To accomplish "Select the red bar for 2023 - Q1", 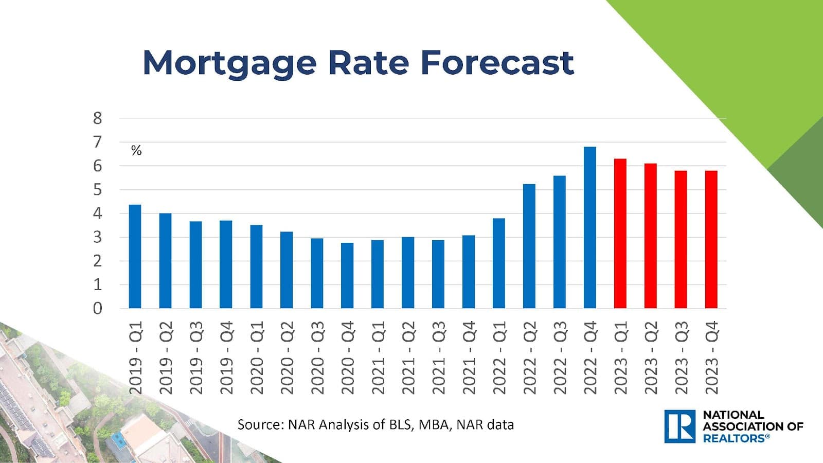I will [620, 234].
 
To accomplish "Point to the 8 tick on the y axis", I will [98, 118].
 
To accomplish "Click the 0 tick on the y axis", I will [98, 309].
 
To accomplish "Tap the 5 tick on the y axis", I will [98, 190].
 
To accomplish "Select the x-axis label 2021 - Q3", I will [438, 358].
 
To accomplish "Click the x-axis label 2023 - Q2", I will [651, 358].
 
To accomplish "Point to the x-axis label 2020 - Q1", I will [256, 358].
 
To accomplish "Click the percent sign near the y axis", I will [136, 151].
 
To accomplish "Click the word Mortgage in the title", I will [229, 63].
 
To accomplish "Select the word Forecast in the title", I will [497, 63].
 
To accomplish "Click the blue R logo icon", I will [679, 426].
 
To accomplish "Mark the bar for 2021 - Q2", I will [408, 273].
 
